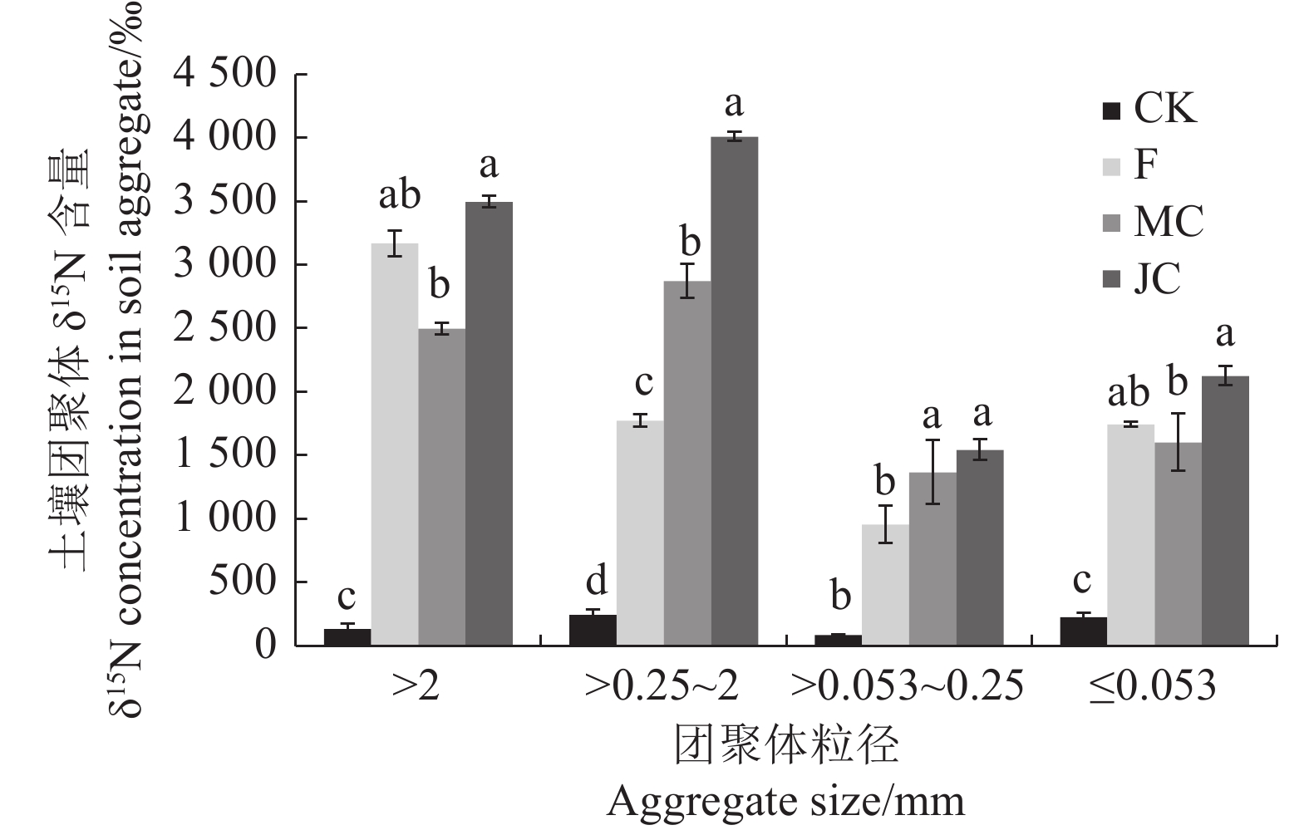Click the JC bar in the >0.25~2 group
click(x=735, y=390)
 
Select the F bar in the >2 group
click(x=394, y=444)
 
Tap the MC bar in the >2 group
click(x=441, y=486)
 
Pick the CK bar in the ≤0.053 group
click(x=1082, y=631)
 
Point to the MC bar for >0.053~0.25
click(x=933, y=558)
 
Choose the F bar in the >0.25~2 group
click(x=640, y=533)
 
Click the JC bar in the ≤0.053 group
click(x=1225, y=510)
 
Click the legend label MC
click(x=1169, y=222)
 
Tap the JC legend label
click(x=1157, y=278)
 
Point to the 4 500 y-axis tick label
click(x=223, y=75)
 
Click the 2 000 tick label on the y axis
click(x=223, y=391)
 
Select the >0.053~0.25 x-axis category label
click(x=907, y=686)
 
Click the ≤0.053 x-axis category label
click(x=1154, y=686)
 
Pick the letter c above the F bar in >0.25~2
click(x=643, y=384)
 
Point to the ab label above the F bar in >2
click(x=399, y=196)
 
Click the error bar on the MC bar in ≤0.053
click(x=1178, y=442)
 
